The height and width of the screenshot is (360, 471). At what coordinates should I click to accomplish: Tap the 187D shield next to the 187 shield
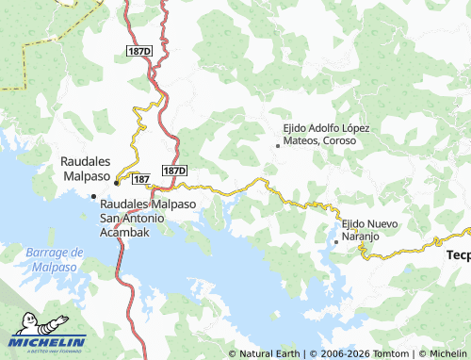(x=174, y=171)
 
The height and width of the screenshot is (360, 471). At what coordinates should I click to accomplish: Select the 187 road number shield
(x=142, y=178)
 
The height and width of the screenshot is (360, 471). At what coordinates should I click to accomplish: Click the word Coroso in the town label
(x=338, y=140)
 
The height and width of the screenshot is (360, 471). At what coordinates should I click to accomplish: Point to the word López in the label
(x=355, y=127)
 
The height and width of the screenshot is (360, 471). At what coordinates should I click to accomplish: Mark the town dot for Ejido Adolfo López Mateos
(x=277, y=146)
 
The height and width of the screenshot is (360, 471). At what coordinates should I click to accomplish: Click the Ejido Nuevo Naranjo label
(x=370, y=230)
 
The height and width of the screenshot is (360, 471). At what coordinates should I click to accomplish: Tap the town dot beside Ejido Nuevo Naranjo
(x=336, y=241)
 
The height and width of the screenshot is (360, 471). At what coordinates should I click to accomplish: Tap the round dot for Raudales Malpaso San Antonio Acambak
(x=93, y=196)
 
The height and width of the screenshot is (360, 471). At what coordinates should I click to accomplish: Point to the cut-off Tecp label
(x=458, y=254)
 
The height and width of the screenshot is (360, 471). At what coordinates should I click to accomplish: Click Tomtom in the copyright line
(x=391, y=354)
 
